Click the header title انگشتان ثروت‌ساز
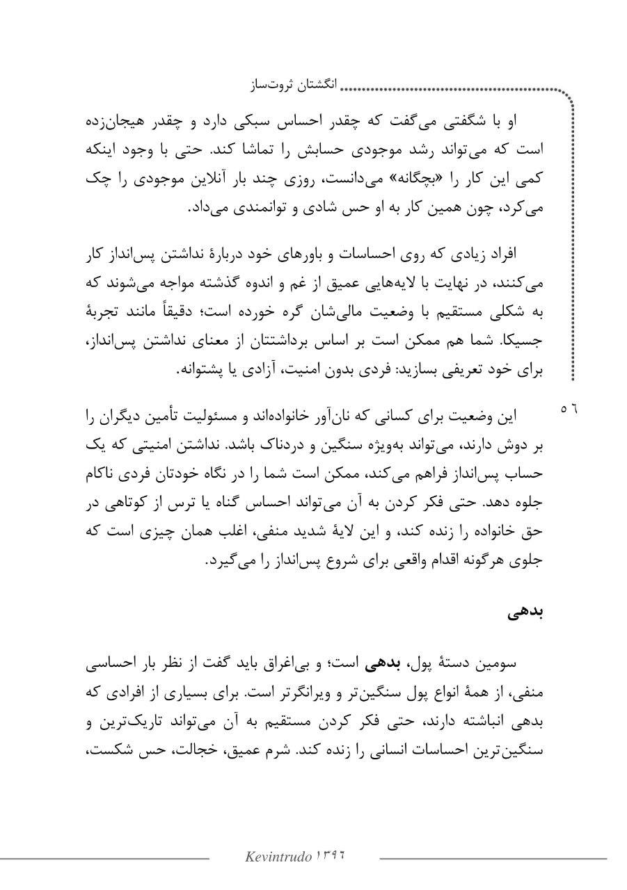[x=292, y=86]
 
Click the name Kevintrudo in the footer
[x=278, y=857]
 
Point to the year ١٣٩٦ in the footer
[x=331, y=856]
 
